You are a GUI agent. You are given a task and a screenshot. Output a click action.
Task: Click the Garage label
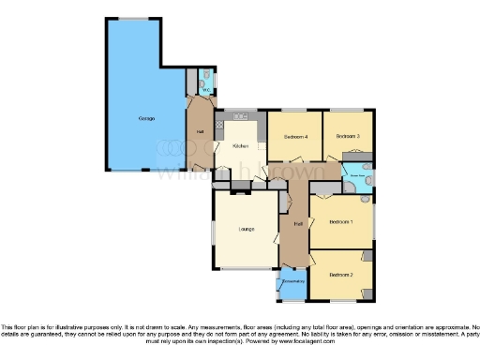point(146,118)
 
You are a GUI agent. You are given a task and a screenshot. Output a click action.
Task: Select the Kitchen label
point(240,146)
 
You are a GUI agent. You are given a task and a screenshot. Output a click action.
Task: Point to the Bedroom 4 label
point(295,137)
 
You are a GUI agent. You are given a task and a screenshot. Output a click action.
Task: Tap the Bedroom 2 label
point(341,275)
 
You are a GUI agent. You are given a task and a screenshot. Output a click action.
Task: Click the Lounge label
point(247,229)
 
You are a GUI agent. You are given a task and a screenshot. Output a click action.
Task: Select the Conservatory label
point(292,278)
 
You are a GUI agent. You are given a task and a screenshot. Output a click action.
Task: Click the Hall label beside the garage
point(201,130)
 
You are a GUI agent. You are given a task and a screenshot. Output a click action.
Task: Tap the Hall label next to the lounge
point(297,223)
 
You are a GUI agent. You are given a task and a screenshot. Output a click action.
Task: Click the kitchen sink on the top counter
point(239,115)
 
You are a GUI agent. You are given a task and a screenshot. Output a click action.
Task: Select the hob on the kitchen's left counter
point(219,123)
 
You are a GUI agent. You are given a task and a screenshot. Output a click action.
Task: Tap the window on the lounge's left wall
point(213,229)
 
